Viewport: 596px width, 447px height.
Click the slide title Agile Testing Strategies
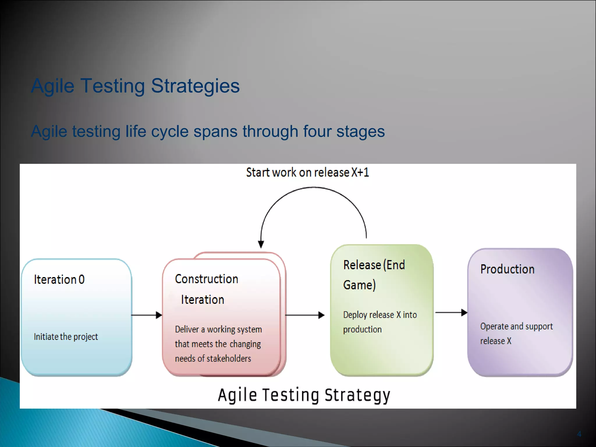coord(135,86)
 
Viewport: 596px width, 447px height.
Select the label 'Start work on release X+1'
coord(307,172)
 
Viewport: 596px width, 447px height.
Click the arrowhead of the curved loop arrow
coord(261,244)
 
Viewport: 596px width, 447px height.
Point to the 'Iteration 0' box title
coord(59,280)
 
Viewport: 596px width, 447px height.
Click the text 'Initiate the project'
coord(66,337)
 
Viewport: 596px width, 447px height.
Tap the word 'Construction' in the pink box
coord(206,279)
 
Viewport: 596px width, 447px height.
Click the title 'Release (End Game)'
coord(374,274)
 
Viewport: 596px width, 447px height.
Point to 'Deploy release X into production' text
coord(380,322)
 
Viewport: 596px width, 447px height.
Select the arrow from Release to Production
coord(451,313)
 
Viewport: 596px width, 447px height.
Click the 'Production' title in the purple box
coord(507,269)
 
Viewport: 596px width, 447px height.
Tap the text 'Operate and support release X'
coord(516,333)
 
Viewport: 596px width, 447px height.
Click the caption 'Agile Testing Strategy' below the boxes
coord(304,395)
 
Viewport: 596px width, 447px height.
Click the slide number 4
coord(579,434)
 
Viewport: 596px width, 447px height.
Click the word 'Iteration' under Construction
coord(203,300)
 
